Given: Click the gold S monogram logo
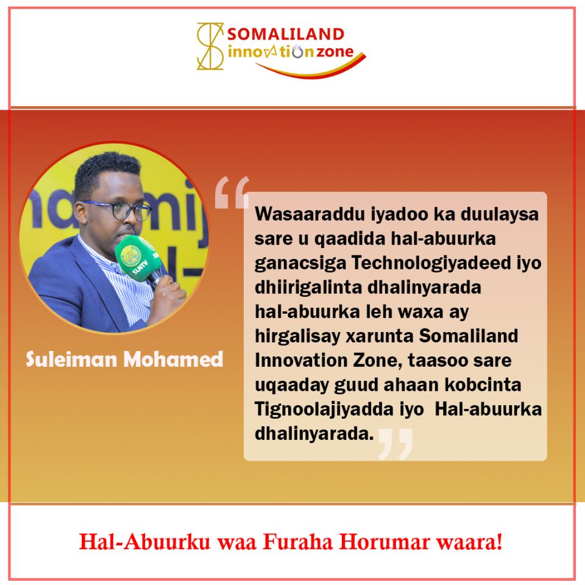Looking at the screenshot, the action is (210, 46).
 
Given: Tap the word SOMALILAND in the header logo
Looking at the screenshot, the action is (286, 34).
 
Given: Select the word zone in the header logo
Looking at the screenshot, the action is (335, 52).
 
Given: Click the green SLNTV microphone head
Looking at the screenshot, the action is (135, 257).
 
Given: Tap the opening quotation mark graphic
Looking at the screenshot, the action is (232, 193).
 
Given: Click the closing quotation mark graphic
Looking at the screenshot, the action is (395, 444).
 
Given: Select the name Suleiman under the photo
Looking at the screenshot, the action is (71, 360).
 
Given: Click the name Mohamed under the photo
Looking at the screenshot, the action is (174, 360).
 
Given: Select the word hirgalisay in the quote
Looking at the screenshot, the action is (297, 336).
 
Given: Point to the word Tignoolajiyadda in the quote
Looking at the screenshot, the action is (324, 409).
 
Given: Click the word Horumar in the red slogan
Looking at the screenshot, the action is (385, 542).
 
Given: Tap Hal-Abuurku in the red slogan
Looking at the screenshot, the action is (145, 542).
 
